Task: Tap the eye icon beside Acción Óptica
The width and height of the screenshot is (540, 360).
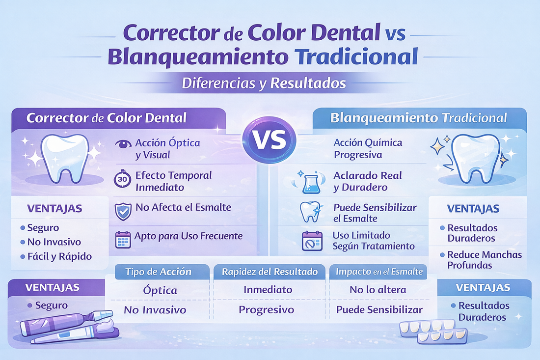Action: click(122, 145)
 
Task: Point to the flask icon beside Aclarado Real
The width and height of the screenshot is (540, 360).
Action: click(309, 182)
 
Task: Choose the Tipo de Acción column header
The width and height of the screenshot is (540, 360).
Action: click(159, 272)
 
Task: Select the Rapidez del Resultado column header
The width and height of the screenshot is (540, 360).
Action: click(270, 272)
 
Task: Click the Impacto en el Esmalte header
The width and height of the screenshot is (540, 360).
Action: click(378, 272)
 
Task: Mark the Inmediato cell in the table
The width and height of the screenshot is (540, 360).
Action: click(268, 290)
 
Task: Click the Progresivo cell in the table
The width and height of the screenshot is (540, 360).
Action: click(267, 310)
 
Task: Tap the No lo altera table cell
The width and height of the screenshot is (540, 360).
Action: click(378, 290)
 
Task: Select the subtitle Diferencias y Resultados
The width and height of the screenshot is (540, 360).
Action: click(264, 83)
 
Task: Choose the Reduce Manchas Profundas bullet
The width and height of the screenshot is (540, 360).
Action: click(484, 260)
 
